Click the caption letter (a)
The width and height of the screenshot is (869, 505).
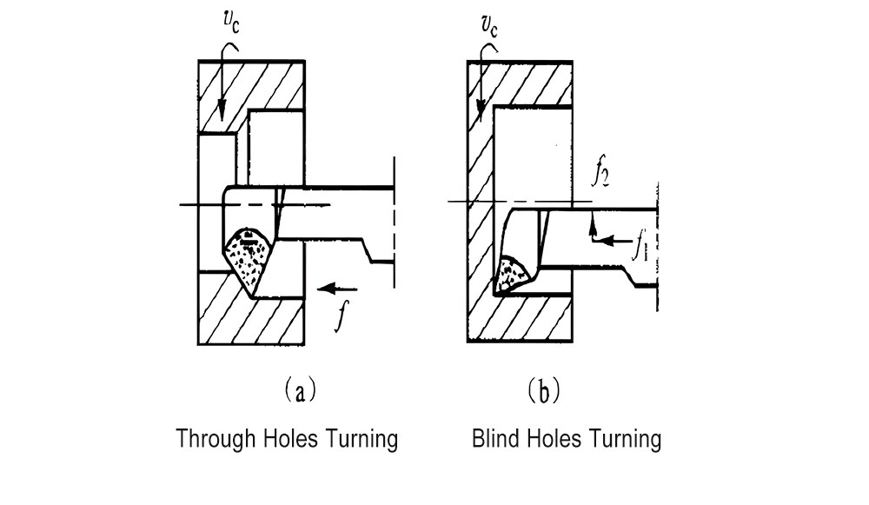point(296,392)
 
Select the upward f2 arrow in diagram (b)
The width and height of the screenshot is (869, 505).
point(591,228)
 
